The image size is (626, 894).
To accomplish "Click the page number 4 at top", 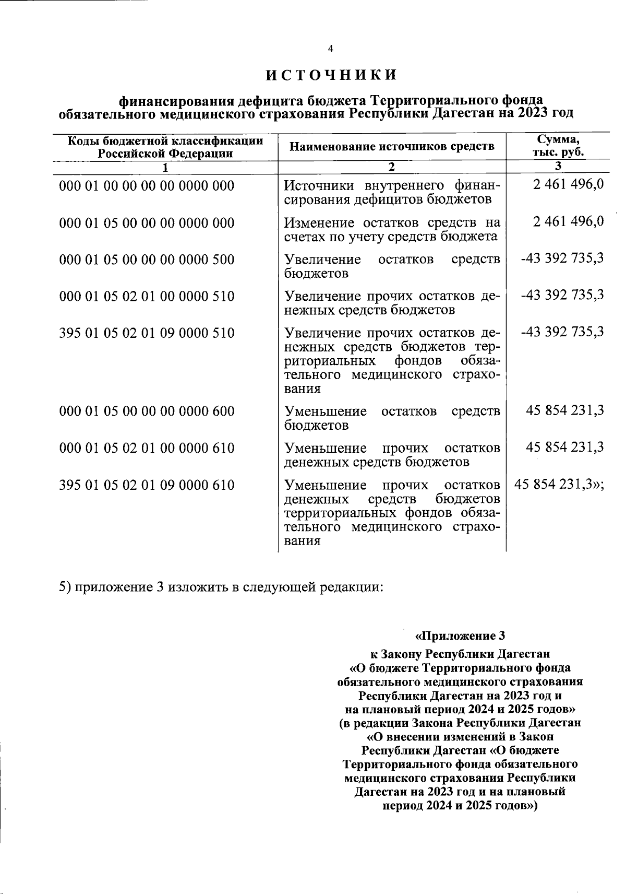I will tap(330, 49).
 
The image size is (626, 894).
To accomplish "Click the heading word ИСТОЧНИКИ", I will tap(331, 75).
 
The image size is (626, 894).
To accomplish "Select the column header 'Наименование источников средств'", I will tap(392, 146).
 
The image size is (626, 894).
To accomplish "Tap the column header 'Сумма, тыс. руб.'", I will tap(558, 146).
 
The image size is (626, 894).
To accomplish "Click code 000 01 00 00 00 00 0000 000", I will tap(147, 186).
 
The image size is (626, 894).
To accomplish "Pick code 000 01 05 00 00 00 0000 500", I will tap(147, 260).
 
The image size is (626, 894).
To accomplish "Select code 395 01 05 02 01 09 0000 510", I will tap(147, 333).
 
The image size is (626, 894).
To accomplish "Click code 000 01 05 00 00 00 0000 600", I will tap(147, 411).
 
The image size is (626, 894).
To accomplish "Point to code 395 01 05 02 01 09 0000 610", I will tap(147, 485).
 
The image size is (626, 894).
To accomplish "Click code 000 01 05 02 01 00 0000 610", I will tap(147, 448).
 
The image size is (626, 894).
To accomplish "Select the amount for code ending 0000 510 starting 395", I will tap(562, 332).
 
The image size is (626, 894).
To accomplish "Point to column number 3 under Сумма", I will tap(558, 167).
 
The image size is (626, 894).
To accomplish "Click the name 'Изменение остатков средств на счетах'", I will tap(392, 230).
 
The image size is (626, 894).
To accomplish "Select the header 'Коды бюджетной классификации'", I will tap(165, 140).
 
